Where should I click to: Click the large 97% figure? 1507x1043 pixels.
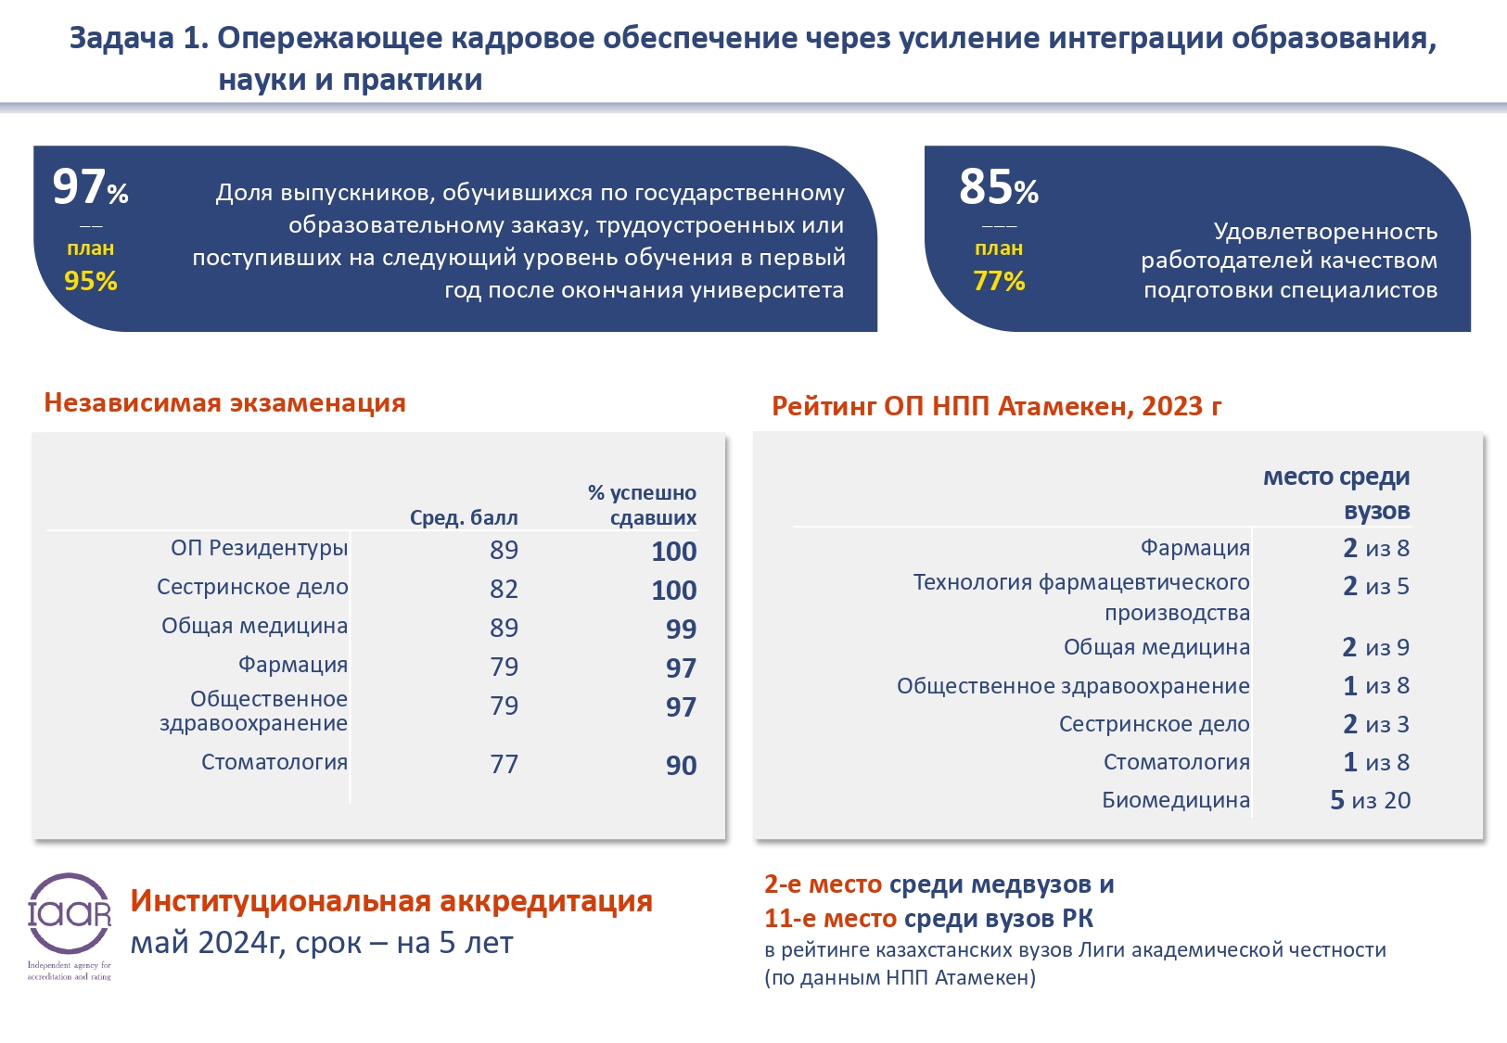90,187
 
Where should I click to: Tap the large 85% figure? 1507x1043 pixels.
998,187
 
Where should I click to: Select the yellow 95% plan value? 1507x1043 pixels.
91,281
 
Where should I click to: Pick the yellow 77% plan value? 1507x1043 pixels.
999,281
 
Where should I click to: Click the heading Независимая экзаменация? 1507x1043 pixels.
224,402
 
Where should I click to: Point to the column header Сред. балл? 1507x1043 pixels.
464,517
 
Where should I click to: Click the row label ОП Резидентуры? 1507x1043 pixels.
259,548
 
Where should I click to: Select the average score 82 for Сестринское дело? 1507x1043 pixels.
504,589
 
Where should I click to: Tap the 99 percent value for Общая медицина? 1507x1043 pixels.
681,629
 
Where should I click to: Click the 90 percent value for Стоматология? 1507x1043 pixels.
681,765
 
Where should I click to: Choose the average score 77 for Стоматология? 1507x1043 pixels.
504,764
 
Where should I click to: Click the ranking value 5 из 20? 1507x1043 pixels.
1370,800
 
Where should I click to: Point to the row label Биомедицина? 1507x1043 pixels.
1175,800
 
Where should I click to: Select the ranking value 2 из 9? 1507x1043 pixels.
1375,647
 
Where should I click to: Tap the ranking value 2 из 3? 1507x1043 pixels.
1375,724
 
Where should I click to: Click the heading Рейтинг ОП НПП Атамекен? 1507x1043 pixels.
996,406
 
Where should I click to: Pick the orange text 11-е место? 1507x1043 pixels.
830,919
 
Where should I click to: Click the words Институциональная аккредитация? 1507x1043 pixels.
391,900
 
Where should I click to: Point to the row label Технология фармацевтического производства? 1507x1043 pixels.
1081,597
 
